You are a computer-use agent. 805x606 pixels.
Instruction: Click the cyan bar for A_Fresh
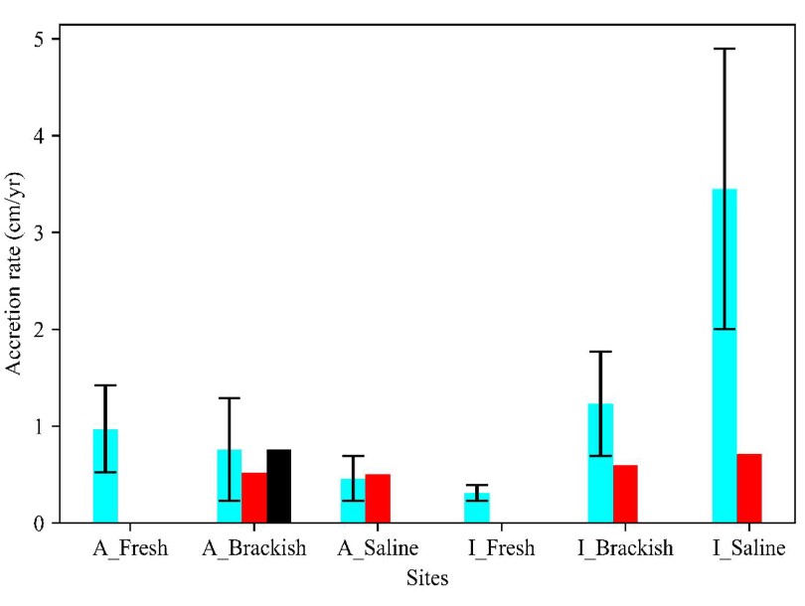[x=105, y=477]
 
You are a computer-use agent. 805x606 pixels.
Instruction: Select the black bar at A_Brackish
[x=278, y=487]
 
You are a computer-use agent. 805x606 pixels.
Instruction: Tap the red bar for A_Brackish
[x=253, y=498]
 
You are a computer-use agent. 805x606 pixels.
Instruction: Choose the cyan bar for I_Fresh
[x=477, y=508]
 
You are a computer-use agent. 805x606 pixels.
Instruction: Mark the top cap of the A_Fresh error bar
[x=105, y=385]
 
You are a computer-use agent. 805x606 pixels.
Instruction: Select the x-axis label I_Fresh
[x=501, y=548]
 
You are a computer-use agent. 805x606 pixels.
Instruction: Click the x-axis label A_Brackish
[x=253, y=548]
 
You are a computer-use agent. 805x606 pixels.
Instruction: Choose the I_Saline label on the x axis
[x=748, y=548]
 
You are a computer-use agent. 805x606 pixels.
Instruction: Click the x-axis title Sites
[x=427, y=577]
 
